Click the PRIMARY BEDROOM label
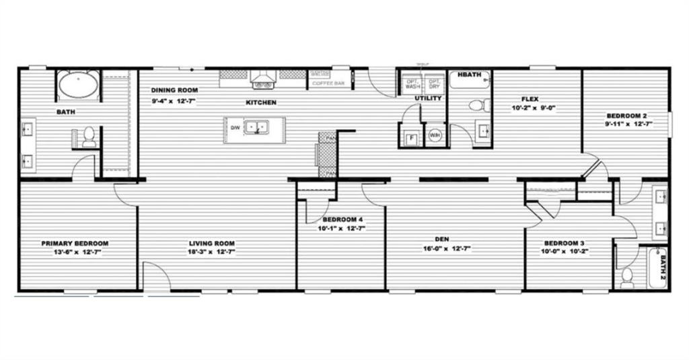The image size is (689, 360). (x=75, y=243)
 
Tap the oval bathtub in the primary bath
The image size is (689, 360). (x=79, y=85)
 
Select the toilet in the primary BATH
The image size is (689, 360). (x=88, y=137)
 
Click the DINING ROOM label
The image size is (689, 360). (x=174, y=90)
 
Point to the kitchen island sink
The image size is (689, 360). (x=256, y=127)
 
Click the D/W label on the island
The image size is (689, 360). (x=235, y=127)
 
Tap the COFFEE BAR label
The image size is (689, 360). (x=329, y=83)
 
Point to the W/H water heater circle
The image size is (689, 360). (x=435, y=135)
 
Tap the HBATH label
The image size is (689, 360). (x=469, y=75)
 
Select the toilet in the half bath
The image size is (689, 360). (x=479, y=105)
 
